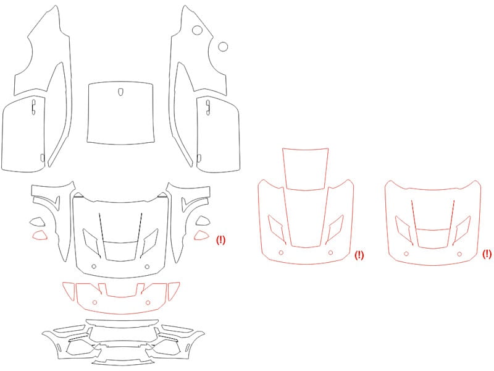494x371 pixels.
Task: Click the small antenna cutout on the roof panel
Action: click(x=120, y=92)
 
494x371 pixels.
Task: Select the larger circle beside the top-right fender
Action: click(x=197, y=30)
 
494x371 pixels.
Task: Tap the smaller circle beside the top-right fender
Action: click(x=223, y=47)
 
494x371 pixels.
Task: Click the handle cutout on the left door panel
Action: click(x=34, y=106)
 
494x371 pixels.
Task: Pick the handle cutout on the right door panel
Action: click(x=208, y=107)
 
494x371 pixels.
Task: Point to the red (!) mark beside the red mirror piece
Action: click(x=221, y=240)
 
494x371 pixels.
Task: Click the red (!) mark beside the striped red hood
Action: click(x=359, y=255)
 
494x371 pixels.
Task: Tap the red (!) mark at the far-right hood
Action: click(x=487, y=254)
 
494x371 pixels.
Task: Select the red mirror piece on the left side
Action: click(x=40, y=236)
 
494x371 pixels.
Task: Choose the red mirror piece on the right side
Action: click(x=201, y=236)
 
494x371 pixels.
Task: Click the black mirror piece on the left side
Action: click(x=38, y=222)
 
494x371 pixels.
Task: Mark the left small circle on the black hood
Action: click(x=94, y=267)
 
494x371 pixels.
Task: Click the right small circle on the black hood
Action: click(x=147, y=267)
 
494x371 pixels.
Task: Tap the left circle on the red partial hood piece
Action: click(x=95, y=302)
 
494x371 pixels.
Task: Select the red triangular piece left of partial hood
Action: click(x=69, y=291)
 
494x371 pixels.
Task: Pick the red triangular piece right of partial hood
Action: click(x=174, y=291)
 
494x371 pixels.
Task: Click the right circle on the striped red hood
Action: click(x=330, y=253)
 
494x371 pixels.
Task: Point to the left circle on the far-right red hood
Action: click(x=406, y=254)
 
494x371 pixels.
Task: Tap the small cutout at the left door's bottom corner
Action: click(x=43, y=158)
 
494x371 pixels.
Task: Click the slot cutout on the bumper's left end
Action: click(x=59, y=348)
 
